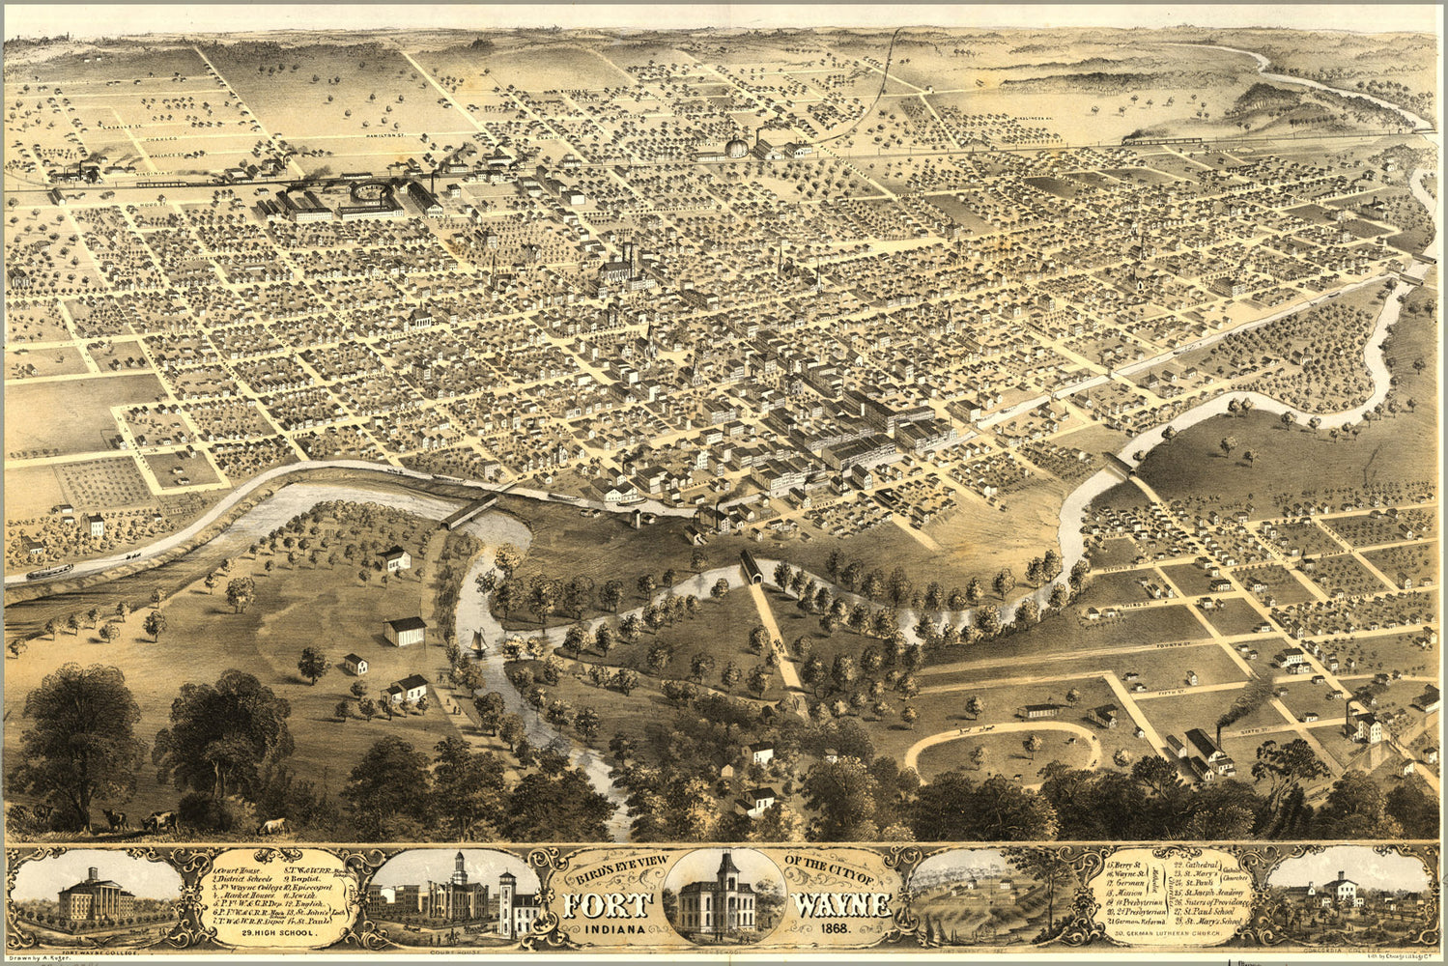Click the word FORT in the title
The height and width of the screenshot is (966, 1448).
604,905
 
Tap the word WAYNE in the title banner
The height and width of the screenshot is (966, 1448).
841,905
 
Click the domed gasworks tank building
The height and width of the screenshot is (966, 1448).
737,147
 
